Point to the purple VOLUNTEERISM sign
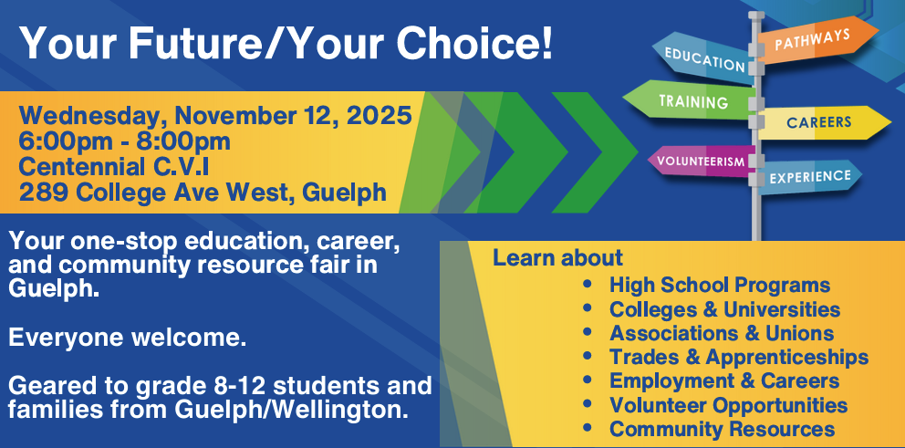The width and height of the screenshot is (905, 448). point(701,161)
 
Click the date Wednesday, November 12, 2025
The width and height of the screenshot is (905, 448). point(215,116)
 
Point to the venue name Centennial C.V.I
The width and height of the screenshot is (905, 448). point(114,167)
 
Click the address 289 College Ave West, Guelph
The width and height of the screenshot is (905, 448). point(203,193)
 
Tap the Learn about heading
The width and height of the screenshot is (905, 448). point(557,258)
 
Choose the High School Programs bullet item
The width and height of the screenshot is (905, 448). point(720,285)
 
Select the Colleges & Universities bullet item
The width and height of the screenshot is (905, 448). point(724,309)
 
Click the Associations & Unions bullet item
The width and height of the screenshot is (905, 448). point(722,333)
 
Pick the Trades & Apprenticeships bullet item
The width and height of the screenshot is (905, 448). point(739,357)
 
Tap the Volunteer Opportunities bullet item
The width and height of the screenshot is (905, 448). point(728,404)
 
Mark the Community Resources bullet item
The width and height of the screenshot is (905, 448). point(722,429)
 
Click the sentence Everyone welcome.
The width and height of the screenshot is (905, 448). point(128,339)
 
